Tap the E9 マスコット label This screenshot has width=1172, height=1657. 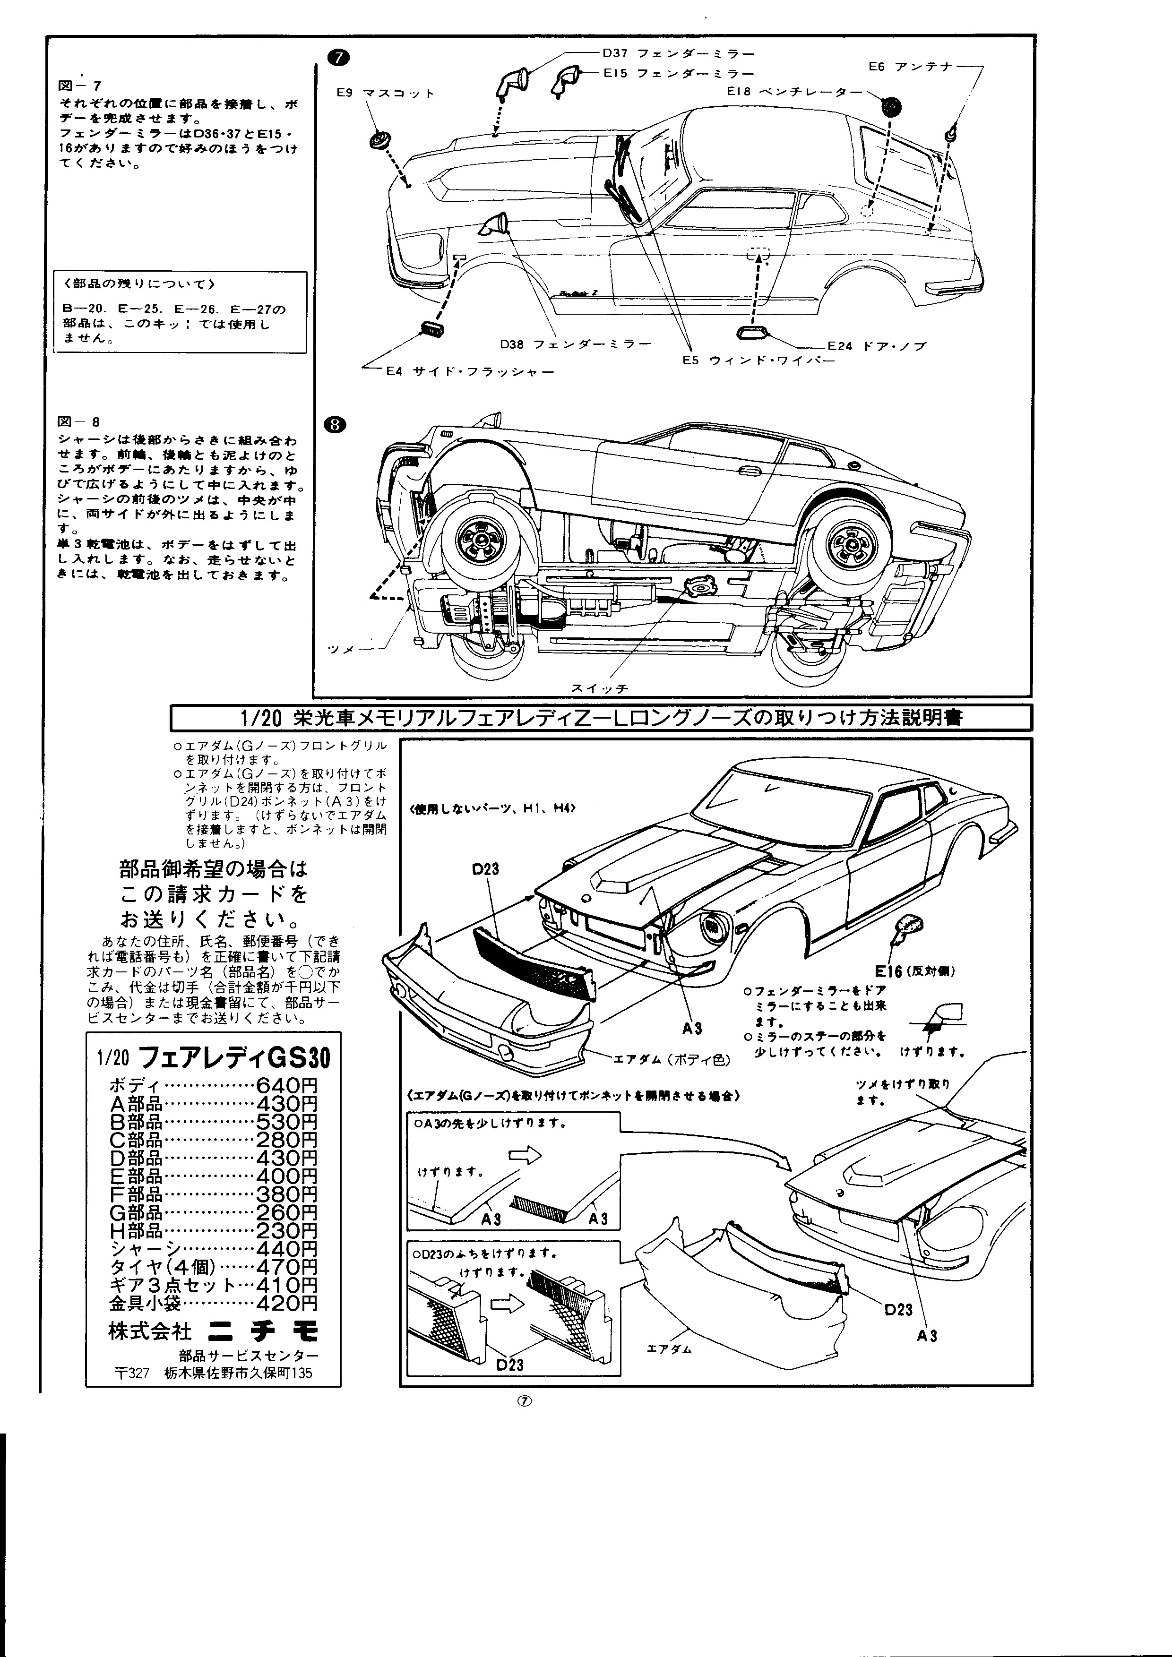[385, 93]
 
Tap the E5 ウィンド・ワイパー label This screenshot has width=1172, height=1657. [758, 360]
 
